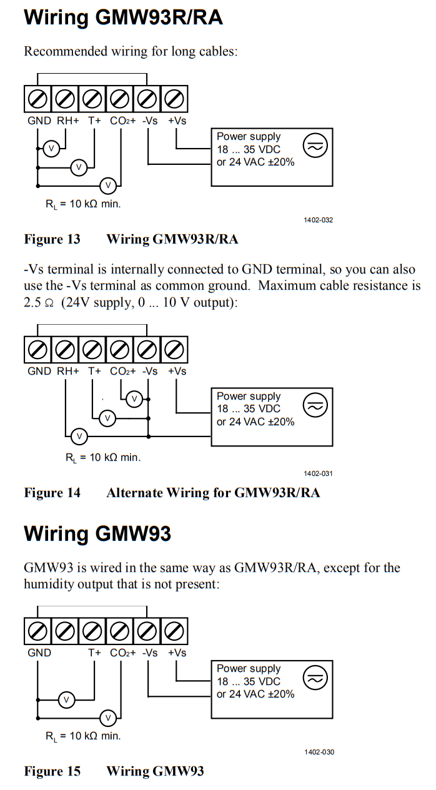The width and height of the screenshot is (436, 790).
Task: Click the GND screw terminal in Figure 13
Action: tap(37, 99)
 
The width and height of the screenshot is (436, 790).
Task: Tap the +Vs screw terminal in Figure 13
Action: tap(174, 99)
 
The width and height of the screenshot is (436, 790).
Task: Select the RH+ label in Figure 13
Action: tap(68, 121)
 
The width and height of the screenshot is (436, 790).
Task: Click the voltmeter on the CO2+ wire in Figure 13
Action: tap(108, 185)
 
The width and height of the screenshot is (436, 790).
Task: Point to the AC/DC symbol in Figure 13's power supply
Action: tap(315, 146)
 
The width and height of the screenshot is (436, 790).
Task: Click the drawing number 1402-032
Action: tap(318, 220)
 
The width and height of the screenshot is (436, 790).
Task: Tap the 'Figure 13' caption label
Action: tap(52, 239)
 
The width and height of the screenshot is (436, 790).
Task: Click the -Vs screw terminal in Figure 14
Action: tap(147, 350)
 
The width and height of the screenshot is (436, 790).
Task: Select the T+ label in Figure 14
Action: tap(94, 371)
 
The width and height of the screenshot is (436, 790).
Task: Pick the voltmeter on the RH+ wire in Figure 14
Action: tap(79, 437)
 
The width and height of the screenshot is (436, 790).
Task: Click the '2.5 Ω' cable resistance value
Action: tap(39, 303)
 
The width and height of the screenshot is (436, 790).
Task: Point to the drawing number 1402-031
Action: tap(318, 473)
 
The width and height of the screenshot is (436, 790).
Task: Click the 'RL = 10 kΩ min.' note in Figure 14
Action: tap(103, 458)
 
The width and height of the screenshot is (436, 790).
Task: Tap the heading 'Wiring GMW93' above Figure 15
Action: tap(97, 533)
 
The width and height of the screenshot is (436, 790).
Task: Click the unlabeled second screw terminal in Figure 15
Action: tap(65, 631)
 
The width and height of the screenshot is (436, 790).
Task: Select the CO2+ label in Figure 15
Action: tap(123, 653)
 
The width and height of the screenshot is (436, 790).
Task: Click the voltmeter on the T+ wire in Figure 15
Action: tap(66, 699)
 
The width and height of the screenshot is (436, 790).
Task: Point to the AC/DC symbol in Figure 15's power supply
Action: tap(315, 678)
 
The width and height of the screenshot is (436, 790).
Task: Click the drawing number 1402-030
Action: tap(319, 753)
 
